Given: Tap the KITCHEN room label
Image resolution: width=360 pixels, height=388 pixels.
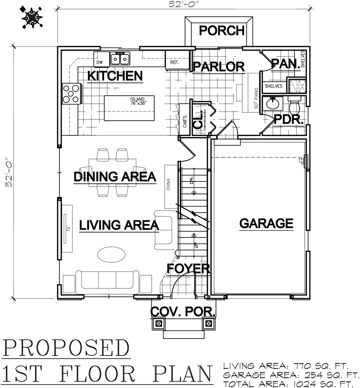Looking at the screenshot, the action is pos(115,76).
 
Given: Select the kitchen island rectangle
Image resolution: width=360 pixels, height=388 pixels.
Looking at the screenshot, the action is pos(129,108).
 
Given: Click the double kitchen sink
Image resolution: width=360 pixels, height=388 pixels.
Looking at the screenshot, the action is pos(120,59).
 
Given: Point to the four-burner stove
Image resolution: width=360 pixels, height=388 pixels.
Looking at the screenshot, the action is pos(71,94).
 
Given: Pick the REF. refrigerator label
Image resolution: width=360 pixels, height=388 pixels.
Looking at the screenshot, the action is pos(175,62).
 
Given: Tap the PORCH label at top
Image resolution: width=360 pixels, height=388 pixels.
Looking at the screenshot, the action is pos(222,30).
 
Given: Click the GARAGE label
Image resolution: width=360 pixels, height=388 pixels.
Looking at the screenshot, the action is pos(266,223).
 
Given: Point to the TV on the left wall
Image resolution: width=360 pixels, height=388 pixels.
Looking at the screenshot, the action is pos(67,229).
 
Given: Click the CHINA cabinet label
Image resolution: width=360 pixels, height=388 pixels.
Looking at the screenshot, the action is pos(169,184).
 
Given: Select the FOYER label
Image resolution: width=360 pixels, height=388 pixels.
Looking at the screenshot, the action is pos(188,269).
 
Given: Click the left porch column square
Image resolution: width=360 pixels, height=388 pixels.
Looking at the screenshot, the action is pos(159,323).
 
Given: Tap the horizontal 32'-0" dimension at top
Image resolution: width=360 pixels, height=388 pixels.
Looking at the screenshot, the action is pos(184,4).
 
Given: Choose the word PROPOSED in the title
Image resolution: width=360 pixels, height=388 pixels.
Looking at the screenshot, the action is pos(66,348).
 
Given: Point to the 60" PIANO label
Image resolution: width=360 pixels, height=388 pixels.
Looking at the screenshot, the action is pos(256,98).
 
